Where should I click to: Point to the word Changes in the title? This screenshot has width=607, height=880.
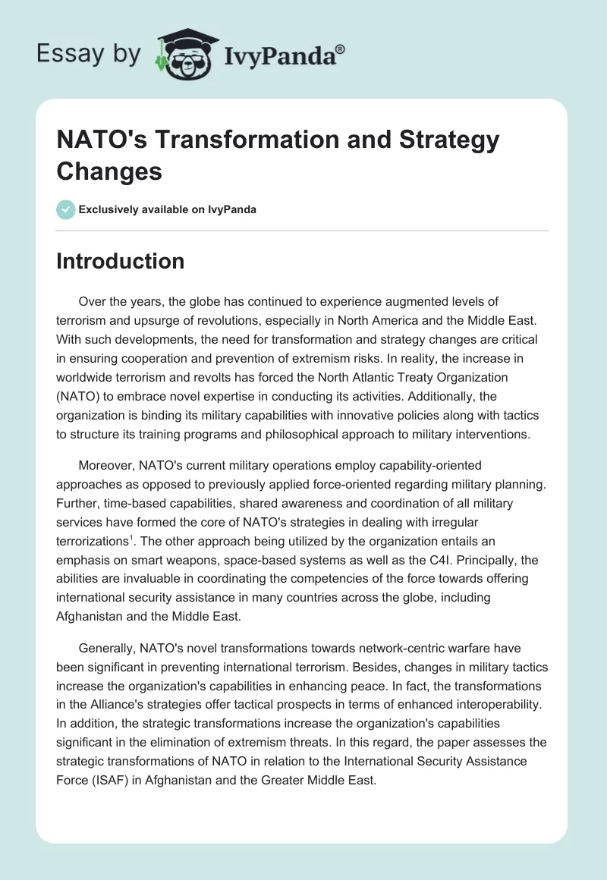[109, 171]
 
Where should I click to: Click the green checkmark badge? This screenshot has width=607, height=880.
[66, 209]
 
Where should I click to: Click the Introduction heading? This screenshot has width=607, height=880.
[121, 262]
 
